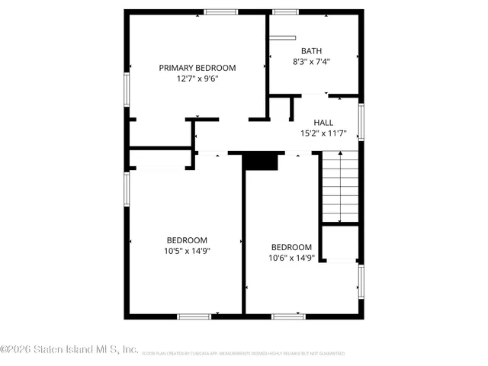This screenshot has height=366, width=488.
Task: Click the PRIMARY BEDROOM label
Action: (197, 68)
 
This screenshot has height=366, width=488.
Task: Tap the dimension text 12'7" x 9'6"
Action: (197, 79)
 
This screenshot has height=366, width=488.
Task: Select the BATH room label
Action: (311, 51)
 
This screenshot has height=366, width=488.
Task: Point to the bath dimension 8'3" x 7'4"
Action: (311, 62)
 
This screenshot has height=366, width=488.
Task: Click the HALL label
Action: (323, 123)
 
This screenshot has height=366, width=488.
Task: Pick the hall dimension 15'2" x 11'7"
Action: (323, 133)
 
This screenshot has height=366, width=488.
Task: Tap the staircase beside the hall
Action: (339, 186)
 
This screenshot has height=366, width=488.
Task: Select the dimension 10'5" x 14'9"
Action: (186, 250)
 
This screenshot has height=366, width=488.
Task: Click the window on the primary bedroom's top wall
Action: (220, 11)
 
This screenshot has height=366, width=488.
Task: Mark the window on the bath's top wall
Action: (285, 11)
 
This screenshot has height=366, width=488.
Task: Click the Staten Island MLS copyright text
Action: (69, 350)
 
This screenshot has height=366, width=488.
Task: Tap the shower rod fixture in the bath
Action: (281, 36)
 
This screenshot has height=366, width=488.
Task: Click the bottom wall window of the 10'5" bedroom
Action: (194, 315)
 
